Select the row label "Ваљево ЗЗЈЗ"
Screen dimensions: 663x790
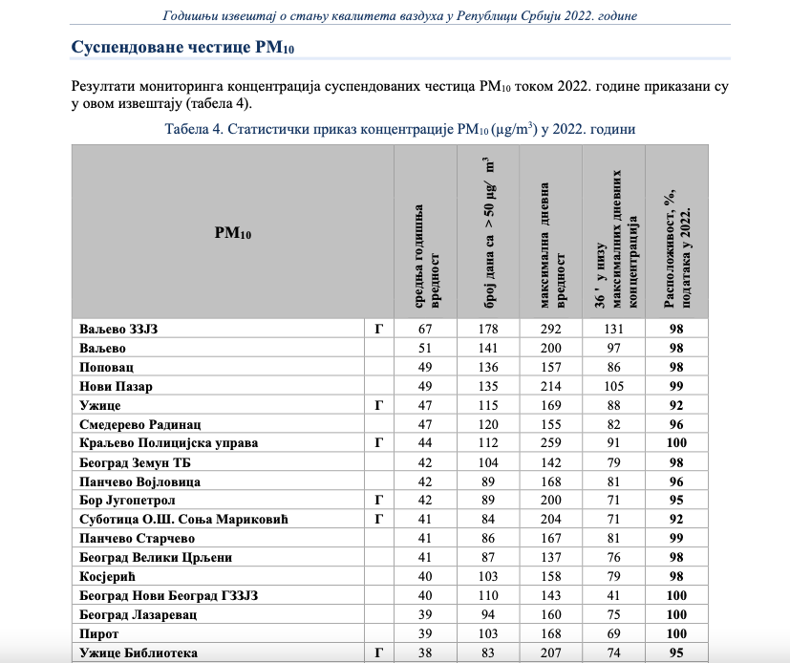[117, 329]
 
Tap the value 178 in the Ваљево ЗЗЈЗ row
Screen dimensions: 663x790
[488, 329]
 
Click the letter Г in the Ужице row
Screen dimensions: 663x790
[378, 405]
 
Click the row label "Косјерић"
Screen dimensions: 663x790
[110, 577]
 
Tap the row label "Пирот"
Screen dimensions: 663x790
[99, 634]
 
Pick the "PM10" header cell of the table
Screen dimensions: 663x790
[232, 232]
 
